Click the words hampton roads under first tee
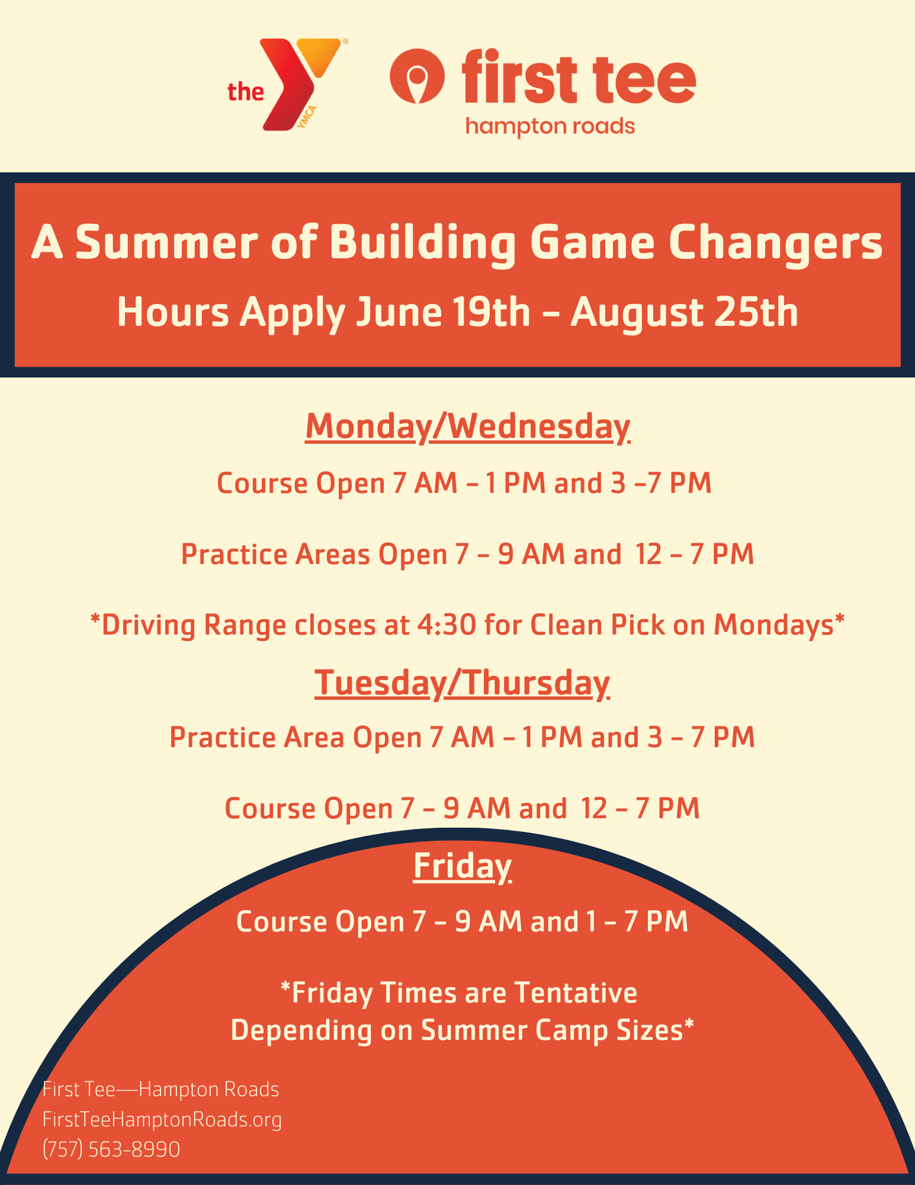coord(550,126)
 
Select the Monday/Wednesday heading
coord(468,427)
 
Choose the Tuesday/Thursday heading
coord(462,683)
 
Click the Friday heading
coord(462,866)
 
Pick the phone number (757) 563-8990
coord(111,1149)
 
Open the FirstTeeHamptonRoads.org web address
coord(162,1120)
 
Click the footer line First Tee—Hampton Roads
coord(161,1090)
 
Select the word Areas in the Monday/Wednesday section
coord(333,555)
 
